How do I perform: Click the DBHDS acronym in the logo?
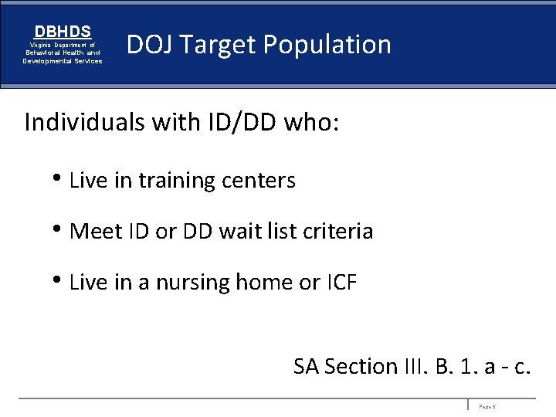click(x=63, y=32)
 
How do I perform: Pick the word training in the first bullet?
click(x=174, y=181)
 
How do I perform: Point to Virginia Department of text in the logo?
click(x=63, y=45)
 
